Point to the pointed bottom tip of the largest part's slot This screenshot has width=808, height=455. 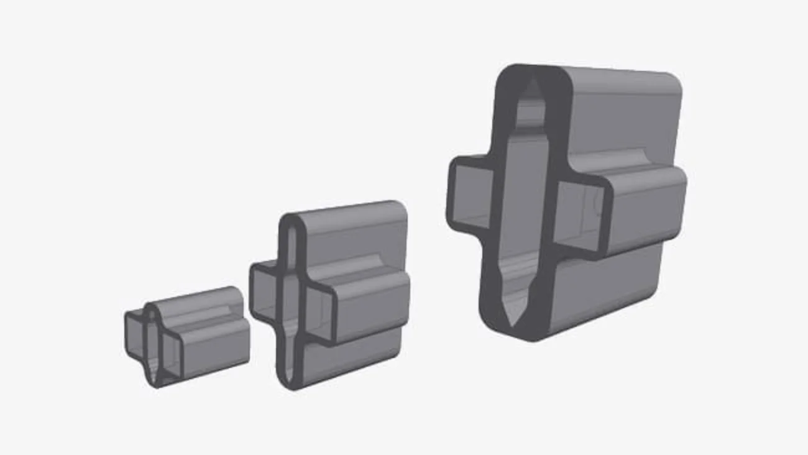(513, 321)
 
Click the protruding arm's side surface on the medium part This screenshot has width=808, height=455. (370, 305)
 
